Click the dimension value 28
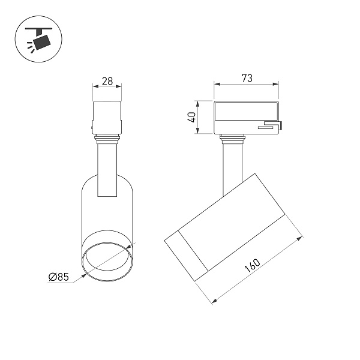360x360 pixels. (107, 81)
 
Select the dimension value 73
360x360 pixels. (247, 78)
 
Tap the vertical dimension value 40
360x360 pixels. (192, 117)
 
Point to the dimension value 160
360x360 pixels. (253, 265)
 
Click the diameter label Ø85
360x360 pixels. (59, 277)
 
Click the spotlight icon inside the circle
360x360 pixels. (39, 39)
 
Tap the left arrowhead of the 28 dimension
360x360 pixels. (95, 86)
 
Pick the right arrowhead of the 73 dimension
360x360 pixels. (276, 84)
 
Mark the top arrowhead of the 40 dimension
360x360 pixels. (197, 104)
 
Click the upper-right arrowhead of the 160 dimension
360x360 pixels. (299, 239)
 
